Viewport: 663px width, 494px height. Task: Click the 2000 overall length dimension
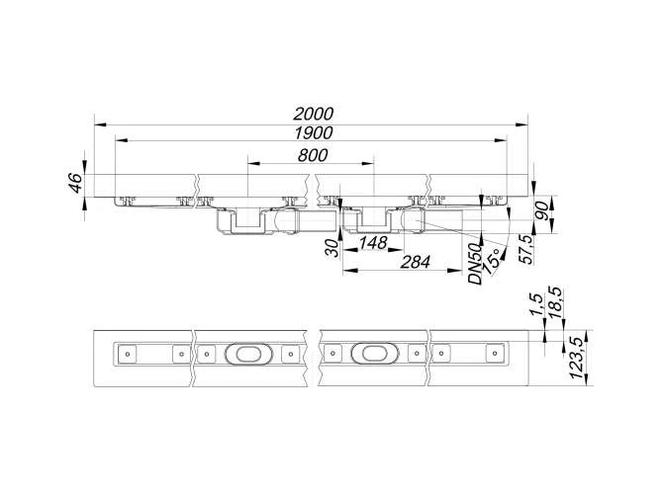click(314, 114)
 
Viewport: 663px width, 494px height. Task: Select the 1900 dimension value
click(314, 133)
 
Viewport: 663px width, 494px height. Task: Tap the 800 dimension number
click(313, 155)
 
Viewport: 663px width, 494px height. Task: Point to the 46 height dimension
click(76, 183)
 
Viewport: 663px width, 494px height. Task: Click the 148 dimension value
click(373, 243)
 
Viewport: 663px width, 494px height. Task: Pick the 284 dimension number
click(416, 262)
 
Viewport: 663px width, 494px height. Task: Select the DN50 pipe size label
click(475, 264)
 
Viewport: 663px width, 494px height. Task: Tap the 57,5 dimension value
click(526, 250)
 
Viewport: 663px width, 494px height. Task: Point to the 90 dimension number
click(542, 211)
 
